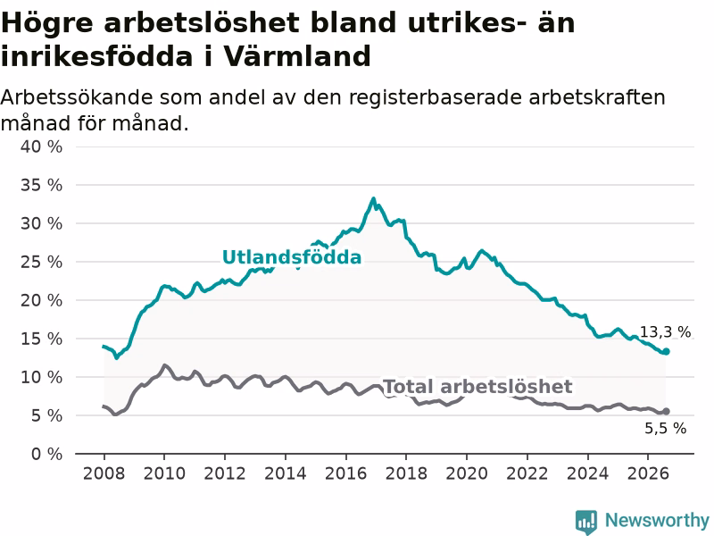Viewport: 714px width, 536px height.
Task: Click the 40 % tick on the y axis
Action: (41, 147)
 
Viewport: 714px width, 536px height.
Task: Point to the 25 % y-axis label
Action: (41, 262)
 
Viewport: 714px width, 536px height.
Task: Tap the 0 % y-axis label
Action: (47, 454)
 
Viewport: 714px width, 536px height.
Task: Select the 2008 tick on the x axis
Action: (104, 473)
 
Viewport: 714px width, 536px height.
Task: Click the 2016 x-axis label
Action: (345, 473)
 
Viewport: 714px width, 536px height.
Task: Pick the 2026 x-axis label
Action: (648, 473)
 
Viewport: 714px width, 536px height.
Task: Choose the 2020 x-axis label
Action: (467, 473)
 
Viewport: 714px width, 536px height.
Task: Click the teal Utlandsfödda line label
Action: (292, 257)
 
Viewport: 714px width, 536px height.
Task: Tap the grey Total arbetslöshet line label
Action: (478, 387)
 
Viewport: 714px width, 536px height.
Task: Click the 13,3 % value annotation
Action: (665, 331)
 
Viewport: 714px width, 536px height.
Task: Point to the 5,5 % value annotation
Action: (665, 428)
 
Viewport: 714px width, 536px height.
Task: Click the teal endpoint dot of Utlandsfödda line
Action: (666, 351)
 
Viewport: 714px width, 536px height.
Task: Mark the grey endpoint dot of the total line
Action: (666, 411)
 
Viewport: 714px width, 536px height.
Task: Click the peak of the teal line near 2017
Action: (373, 198)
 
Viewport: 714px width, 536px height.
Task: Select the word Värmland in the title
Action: (296, 56)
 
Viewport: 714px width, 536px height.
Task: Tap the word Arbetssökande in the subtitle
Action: (77, 97)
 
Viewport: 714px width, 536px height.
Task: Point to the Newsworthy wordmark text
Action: (657, 520)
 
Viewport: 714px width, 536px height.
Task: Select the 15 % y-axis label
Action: (41, 339)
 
